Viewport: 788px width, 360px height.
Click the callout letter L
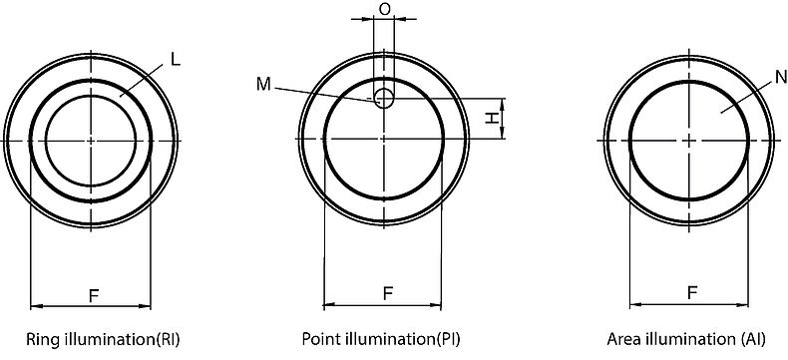(175, 60)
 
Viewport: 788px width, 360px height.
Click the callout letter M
(262, 85)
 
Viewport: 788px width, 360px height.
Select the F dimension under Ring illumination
(93, 295)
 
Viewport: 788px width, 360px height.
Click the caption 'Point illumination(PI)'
(380, 339)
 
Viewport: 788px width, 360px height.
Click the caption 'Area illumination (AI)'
(686, 339)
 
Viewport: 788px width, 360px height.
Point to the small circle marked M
(384, 97)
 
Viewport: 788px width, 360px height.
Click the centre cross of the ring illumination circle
(92, 140)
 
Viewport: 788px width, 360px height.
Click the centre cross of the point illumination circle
(384, 140)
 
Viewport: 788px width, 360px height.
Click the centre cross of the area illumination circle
(690, 140)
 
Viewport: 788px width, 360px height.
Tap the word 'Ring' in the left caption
(42, 339)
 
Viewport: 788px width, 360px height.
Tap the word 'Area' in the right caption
(627, 339)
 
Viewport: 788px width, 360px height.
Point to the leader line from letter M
(324, 91)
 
